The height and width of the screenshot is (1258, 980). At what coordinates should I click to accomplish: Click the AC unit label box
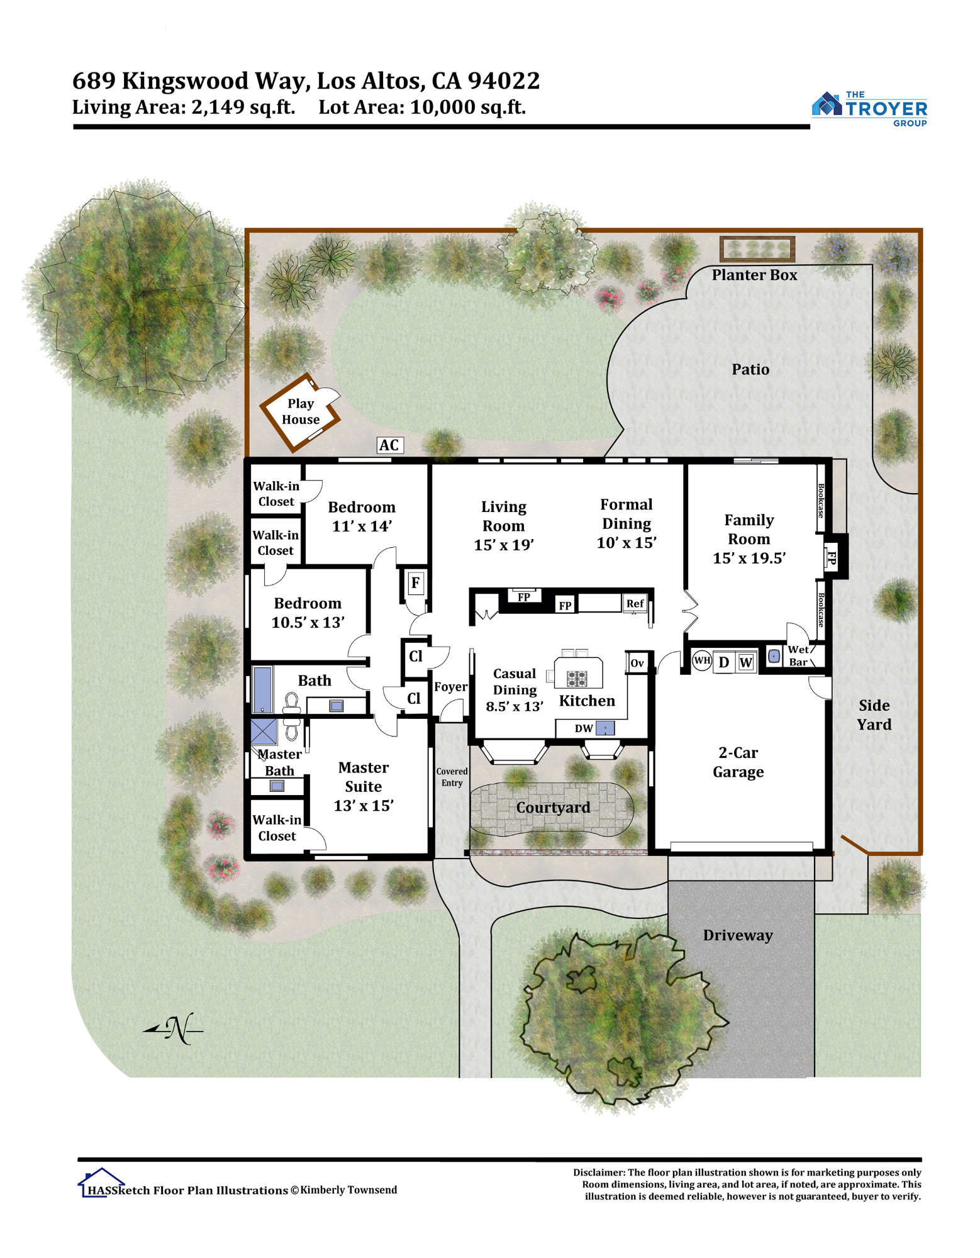389,445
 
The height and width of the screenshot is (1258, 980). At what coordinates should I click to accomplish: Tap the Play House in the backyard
300,412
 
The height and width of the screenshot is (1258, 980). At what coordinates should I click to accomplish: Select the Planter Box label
754,275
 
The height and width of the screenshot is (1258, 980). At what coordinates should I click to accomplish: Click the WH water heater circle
702,660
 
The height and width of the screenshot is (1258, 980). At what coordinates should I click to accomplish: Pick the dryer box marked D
724,662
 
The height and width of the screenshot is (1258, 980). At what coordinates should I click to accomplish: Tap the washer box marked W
746,662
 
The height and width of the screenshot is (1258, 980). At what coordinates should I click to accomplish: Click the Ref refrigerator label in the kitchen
635,604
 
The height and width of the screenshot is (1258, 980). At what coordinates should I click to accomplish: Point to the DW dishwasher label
584,728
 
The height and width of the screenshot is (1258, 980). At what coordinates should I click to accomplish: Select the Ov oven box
637,663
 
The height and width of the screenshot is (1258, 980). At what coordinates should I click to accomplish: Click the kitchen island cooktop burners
577,679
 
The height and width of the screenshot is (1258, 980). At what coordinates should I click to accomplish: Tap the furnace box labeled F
415,583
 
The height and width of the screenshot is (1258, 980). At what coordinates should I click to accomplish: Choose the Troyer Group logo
869,109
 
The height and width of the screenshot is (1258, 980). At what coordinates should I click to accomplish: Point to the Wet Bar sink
774,656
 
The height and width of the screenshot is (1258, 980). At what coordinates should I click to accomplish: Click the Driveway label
738,935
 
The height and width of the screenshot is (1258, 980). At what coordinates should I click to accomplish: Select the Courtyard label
554,807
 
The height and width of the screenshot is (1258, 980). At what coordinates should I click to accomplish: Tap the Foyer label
450,687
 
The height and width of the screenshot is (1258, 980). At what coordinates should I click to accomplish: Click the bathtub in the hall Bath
262,690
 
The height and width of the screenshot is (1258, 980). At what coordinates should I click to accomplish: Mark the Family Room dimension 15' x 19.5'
749,558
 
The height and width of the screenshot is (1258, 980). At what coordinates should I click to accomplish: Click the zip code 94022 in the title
503,81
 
